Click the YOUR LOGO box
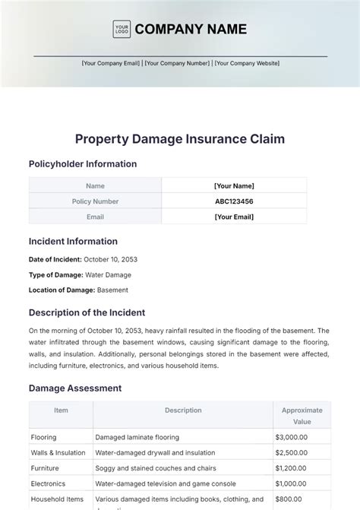click(x=121, y=29)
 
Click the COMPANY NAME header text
click(x=191, y=29)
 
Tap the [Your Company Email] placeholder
click(x=111, y=64)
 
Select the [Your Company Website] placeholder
click(x=247, y=64)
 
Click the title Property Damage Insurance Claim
click(x=180, y=138)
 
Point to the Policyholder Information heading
click(x=83, y=163)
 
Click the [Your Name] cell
click(x=234, y=185)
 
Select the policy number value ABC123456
click(x=234, y=201)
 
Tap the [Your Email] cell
click(x=234, y=217)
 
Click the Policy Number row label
click(x=95, y=201)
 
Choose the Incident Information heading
click(x=73, y=242)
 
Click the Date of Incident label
click(x=61, y=259)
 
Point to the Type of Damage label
click(x=61, y=274)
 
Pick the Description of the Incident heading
click(x=87, y=312)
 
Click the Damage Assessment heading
click(x=74, y=388)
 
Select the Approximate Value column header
click(x=302, y=415)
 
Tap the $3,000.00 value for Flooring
click(x=292, y=437)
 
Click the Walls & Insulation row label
click(x=58, y=453)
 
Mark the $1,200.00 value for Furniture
click(x=292, y=468)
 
